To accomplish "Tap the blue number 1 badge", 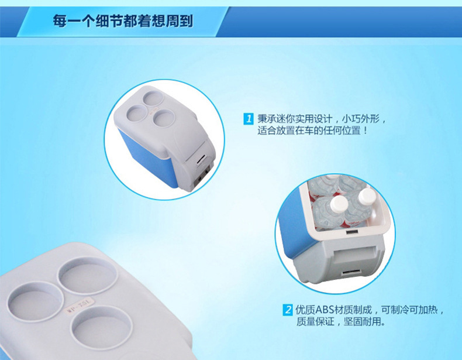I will [248, 119].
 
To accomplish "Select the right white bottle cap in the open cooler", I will [366, 195].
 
